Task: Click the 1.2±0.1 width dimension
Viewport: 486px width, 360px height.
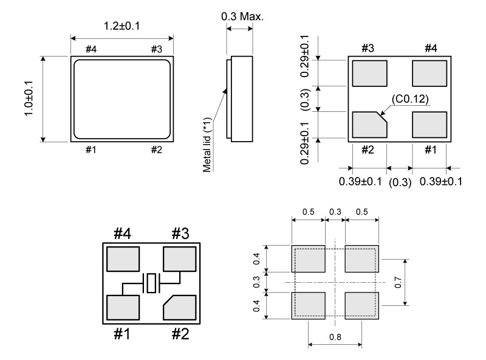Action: coord(122,26)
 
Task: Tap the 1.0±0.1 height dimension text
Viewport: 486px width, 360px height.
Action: coord(28,99)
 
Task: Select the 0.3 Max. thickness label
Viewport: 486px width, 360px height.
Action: coord(242,16)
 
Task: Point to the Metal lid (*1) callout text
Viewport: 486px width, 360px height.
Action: coord(207,145)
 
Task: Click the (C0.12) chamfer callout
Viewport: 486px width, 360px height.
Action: coord(410,99)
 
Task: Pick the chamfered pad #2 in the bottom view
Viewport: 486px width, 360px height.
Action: coord(369,125)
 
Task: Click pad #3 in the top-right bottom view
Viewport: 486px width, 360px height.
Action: coord(369,73)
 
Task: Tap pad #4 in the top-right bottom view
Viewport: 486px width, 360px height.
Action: coord(430,73)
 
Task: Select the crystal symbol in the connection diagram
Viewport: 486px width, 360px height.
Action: coord(151,283)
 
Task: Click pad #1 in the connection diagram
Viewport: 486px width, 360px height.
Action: coord(123,308)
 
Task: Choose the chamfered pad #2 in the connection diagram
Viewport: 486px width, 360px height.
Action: coord(179,308)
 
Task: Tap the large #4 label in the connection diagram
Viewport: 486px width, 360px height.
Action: coord(123,234)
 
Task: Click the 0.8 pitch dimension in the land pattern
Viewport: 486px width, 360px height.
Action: coord(335,337)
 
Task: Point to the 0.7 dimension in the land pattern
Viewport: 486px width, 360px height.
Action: coord(398,282)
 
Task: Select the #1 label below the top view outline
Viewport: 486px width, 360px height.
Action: coord(91,150)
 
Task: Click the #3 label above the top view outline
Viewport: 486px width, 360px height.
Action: coord(157,49)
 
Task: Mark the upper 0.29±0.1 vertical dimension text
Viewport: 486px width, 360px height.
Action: coord(305,56)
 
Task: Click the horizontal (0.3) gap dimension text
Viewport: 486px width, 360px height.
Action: coord(400,182)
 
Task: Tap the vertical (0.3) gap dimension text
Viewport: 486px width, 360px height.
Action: coord(305,100)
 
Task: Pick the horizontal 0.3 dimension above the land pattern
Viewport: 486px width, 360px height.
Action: coord(335,212)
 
